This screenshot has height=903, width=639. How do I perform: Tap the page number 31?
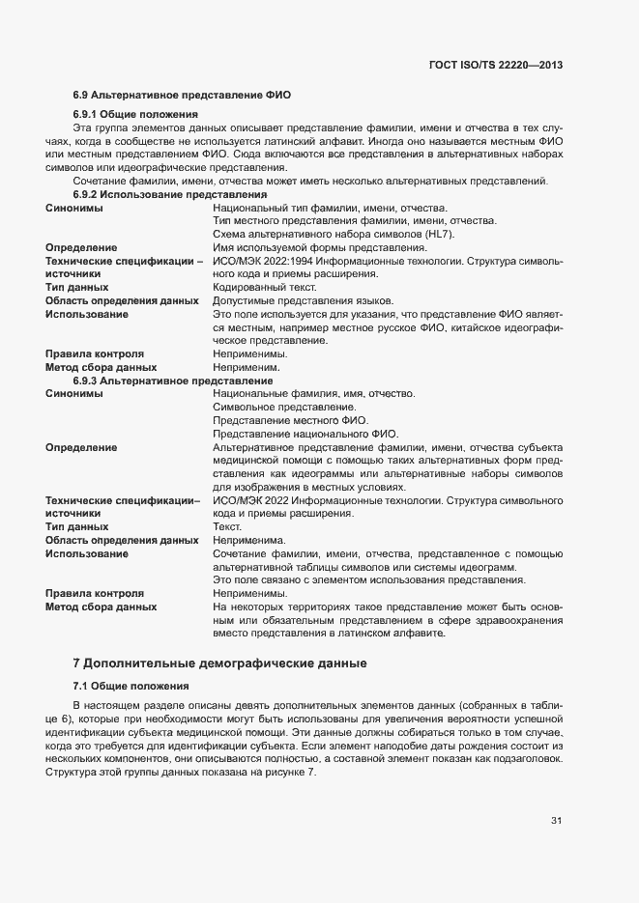pyautogui.click(x=556, y=821)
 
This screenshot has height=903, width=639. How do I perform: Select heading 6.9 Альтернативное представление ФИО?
pyautogui.click(x=182, y=95)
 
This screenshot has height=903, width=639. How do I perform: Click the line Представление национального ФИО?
pyautogui.click(x=305, y=434)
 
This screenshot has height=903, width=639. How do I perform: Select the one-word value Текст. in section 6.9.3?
pyautogui.click(x=228, y=527)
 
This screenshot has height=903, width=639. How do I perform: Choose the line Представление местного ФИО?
pyautogui.click(x=290, y=420)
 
